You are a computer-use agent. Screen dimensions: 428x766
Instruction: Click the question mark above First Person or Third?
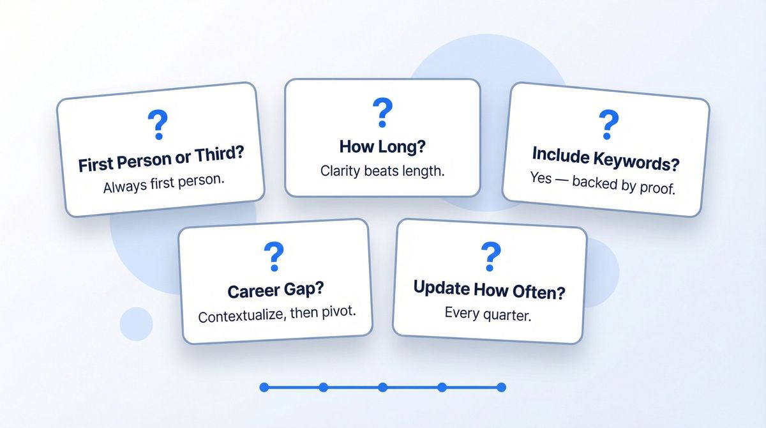[157, 125]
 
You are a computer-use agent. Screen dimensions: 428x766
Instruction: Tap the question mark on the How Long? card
[382, 112]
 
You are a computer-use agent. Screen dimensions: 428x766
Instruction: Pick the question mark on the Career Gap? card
[274, 256]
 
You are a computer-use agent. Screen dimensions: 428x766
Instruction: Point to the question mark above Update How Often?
[490, 256]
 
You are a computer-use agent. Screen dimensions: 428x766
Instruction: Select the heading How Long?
[382, 146]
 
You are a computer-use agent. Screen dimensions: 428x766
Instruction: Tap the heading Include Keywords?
[606, 159]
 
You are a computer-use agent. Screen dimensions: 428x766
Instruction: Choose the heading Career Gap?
[275, 290]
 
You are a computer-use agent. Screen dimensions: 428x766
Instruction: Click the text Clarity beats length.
[382, 171]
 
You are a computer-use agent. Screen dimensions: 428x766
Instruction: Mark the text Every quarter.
[488, 314]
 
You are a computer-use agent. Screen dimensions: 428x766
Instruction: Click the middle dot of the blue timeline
[382, 387]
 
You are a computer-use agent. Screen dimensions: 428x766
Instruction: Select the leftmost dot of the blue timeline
[264, 387]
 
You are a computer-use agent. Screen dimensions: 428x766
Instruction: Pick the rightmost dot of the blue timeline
[501, 387]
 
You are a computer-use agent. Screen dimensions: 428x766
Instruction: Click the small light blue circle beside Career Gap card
[136, 323]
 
